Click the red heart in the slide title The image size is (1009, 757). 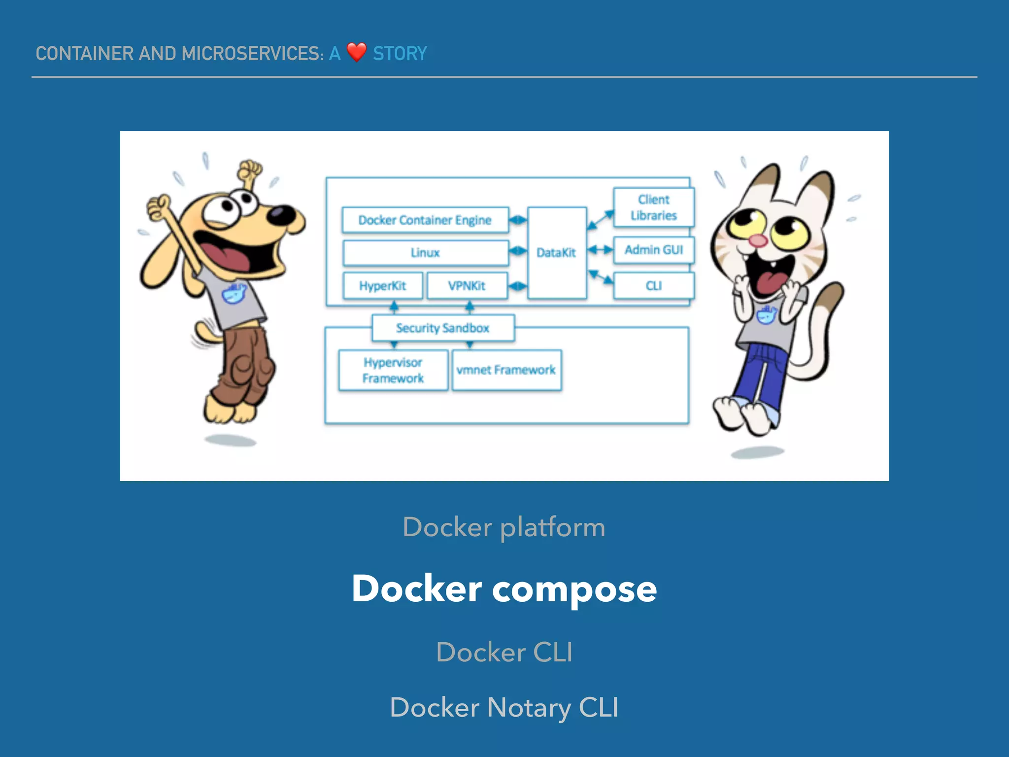click(x=356, y=52)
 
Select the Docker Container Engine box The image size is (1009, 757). click(x=425, y=220)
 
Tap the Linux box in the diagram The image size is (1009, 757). click(x=425, y=253)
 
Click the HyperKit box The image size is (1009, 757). click(x=382, y=286)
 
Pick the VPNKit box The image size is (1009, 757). click(x=467, y=286)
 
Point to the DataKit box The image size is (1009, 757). click(x=556, y=253)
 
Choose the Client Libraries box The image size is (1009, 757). click(x=653, y=207)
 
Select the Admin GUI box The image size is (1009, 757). click(x=653, y=250)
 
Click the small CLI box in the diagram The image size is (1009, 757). click(x=653, y=286)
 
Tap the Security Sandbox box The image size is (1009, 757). click(x=442, y=328)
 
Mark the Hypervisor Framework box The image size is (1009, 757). click(x=393, y=370)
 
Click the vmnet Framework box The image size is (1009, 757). click(x=506, y=370)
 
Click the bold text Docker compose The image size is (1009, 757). click(x=504, y=588)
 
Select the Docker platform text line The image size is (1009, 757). click(x=504, y=527)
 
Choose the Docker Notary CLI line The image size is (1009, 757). click(x=504, y=707)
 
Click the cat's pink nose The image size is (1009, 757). click(x=757, y=241)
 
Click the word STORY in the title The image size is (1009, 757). click(x=400, y=53)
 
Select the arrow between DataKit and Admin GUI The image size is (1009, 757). click(x=600, y=250)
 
